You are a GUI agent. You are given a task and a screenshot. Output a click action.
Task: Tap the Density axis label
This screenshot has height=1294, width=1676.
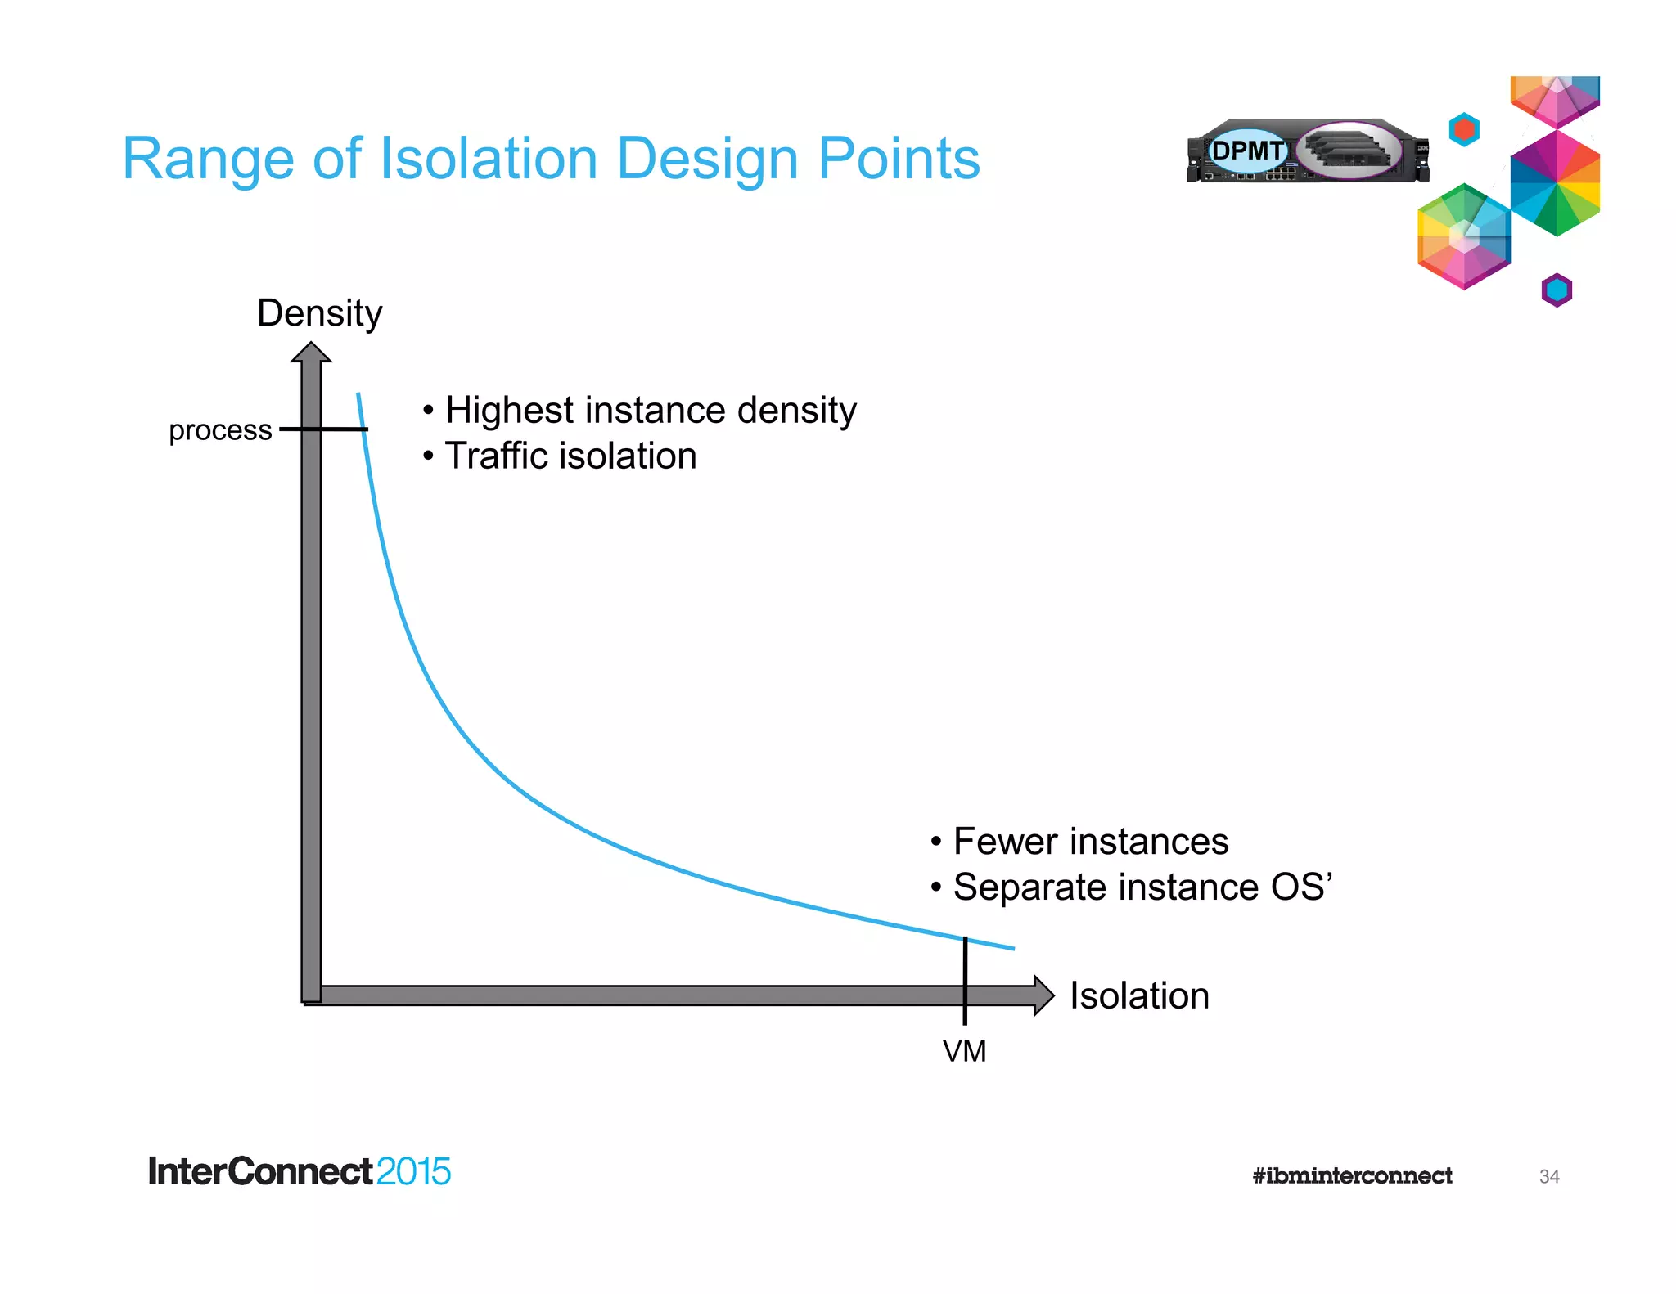click(x=319, y=313)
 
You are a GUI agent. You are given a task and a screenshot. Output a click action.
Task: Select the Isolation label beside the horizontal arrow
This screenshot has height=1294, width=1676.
click(x=1138, y=995)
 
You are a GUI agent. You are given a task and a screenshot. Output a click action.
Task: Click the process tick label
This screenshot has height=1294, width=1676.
click(x=220, y=430)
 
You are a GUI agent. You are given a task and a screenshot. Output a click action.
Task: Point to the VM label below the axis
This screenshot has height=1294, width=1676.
click(x=964, y=1051)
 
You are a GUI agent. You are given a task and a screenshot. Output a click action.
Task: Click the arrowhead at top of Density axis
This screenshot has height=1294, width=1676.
click(x=311, y=353)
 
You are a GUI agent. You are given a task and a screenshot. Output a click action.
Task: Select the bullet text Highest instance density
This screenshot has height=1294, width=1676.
click(x=650, y=410)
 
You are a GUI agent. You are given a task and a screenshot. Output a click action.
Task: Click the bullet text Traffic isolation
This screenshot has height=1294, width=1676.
click(x=570, y=456)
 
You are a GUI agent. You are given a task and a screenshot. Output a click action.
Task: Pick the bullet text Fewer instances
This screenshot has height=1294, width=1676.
click(x=1089, y=842)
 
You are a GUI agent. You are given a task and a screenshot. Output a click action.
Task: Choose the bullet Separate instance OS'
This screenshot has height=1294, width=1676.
click(x=1142, y=887)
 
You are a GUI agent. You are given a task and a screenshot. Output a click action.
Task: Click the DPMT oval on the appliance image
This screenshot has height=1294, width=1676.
click(x=1247, y=151)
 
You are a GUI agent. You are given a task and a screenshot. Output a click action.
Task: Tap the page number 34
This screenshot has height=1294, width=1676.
click(x=1548, y=1176)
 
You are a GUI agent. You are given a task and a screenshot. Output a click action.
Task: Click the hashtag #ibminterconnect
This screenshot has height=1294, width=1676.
click(x=1352, y=1176)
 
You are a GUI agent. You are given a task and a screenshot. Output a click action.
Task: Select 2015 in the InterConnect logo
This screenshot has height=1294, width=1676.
click(x=413, y=1171)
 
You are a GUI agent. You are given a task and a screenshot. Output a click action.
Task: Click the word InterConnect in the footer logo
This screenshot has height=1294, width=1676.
click(x=260, y=1171)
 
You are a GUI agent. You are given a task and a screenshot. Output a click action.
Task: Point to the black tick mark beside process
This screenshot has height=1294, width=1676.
click(x=324, y=429)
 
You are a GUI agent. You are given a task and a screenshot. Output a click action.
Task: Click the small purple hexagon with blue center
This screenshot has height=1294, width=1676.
click(x=1557, y=290)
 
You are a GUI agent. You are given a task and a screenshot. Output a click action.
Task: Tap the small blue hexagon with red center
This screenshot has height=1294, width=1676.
click(x=1464, y=129)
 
